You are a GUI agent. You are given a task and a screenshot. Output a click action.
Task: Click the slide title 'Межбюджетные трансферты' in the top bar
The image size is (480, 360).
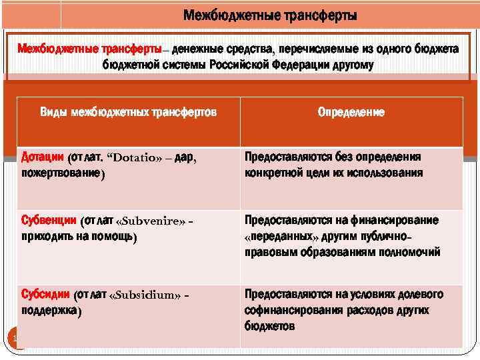[x=270, y=15]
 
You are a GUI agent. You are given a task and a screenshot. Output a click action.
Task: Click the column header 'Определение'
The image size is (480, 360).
[x=351, y=112]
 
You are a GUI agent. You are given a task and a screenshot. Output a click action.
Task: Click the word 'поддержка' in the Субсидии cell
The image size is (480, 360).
[x=50, y=311]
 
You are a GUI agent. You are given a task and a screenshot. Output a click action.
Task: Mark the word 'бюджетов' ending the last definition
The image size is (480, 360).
[x=270, y=327]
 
